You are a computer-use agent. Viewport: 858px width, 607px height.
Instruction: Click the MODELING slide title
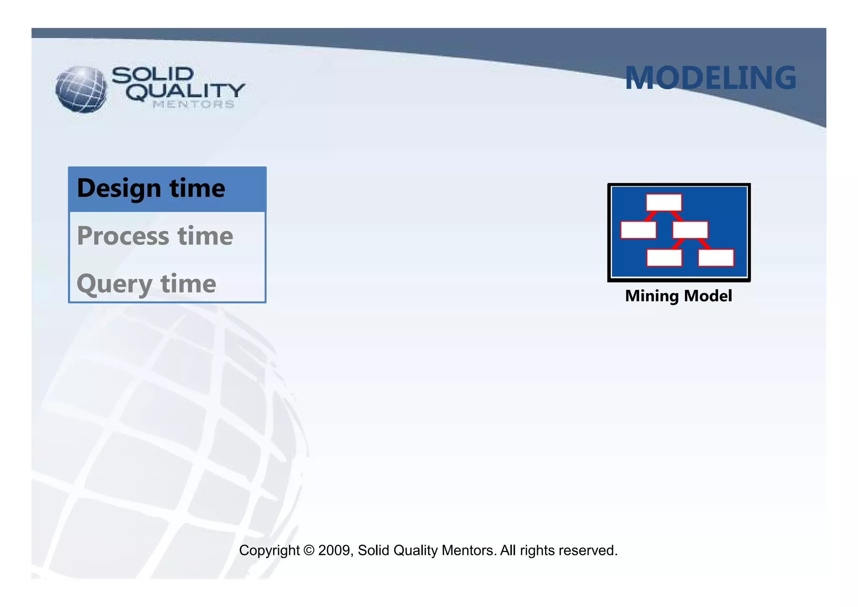710,78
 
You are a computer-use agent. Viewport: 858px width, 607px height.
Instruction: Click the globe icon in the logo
81,89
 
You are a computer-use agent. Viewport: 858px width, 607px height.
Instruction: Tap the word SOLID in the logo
152,75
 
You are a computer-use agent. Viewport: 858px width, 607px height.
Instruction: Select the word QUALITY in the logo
186,91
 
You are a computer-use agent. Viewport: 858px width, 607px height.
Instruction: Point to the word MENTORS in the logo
193,104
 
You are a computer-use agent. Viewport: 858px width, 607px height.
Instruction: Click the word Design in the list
119,188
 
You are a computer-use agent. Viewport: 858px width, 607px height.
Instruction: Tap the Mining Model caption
678,296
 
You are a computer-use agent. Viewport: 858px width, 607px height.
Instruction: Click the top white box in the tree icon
664,203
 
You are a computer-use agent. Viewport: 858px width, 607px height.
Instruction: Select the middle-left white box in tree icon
638,230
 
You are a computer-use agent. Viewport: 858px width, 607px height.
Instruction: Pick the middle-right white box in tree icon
690,230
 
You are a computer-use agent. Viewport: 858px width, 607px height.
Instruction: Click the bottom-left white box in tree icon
664,258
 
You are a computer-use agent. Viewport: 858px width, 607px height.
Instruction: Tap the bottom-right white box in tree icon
716,258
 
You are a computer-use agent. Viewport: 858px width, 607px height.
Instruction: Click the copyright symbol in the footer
309,550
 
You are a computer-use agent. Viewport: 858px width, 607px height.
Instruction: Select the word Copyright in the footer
269,550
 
